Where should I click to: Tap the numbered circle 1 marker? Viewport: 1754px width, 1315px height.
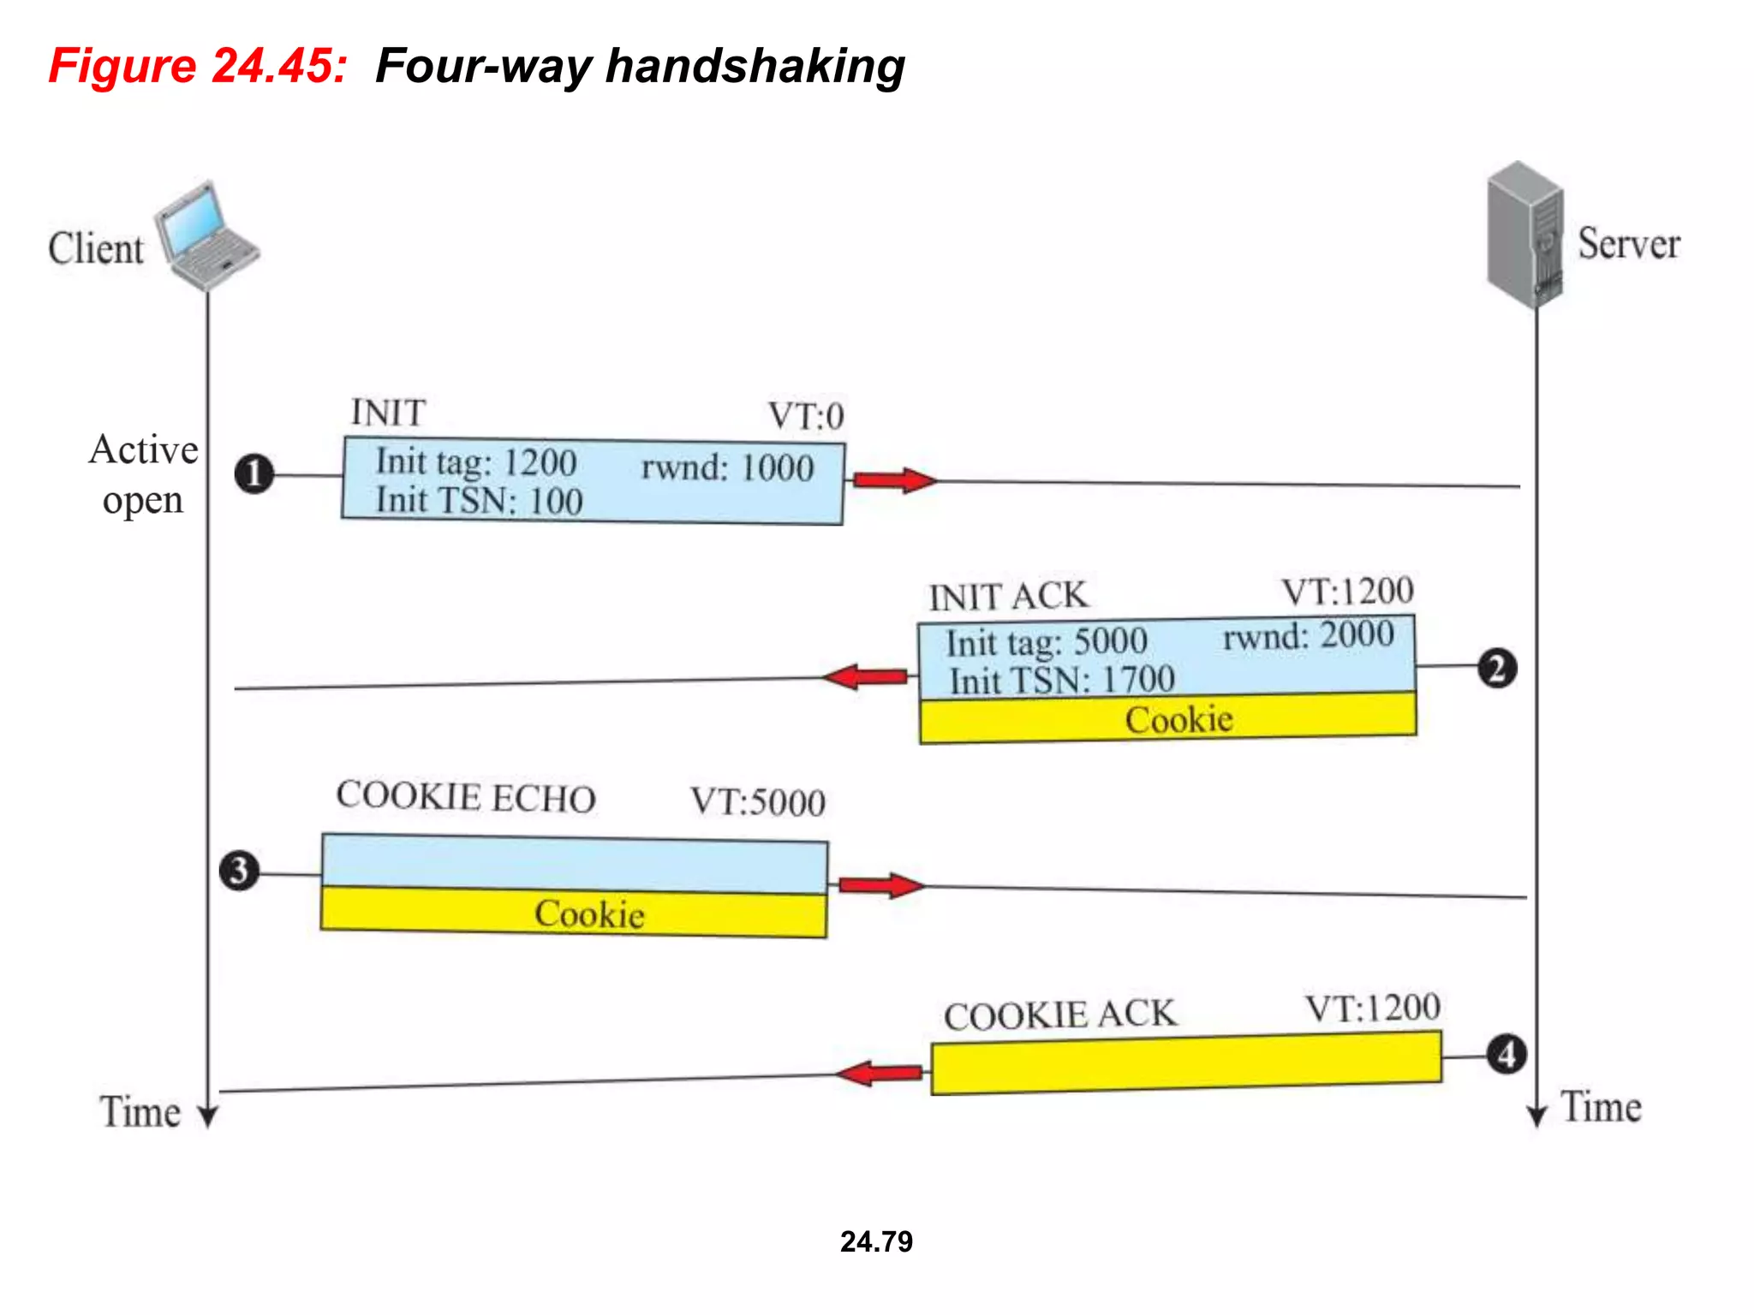(x=254, y=474)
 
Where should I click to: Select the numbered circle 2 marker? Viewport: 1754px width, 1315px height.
(x=1496, y=668)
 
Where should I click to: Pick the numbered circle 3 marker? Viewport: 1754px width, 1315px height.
(x=239, y=872)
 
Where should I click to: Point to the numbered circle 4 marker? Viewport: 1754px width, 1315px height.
(x=1506, y=1055)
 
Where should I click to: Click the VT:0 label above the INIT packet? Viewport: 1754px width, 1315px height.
(x=805, y=417)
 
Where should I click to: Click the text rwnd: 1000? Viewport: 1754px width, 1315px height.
(x=727, y=468)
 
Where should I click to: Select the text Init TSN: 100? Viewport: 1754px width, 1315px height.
(x=479, y=501)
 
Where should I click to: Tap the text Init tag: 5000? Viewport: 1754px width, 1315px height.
(x=1046, y=642)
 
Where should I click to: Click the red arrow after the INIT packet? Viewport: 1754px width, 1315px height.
(x=894, y=480)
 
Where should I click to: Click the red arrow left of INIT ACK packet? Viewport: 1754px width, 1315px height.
(x=866, y=677)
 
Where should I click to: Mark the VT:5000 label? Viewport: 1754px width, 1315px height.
(x=757, y=802)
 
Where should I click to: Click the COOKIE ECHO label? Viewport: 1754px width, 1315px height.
(x=465, y=796)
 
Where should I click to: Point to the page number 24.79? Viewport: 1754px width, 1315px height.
(x=876, y=1241)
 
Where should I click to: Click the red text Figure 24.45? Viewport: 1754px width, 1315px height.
(x=198, y=66)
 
